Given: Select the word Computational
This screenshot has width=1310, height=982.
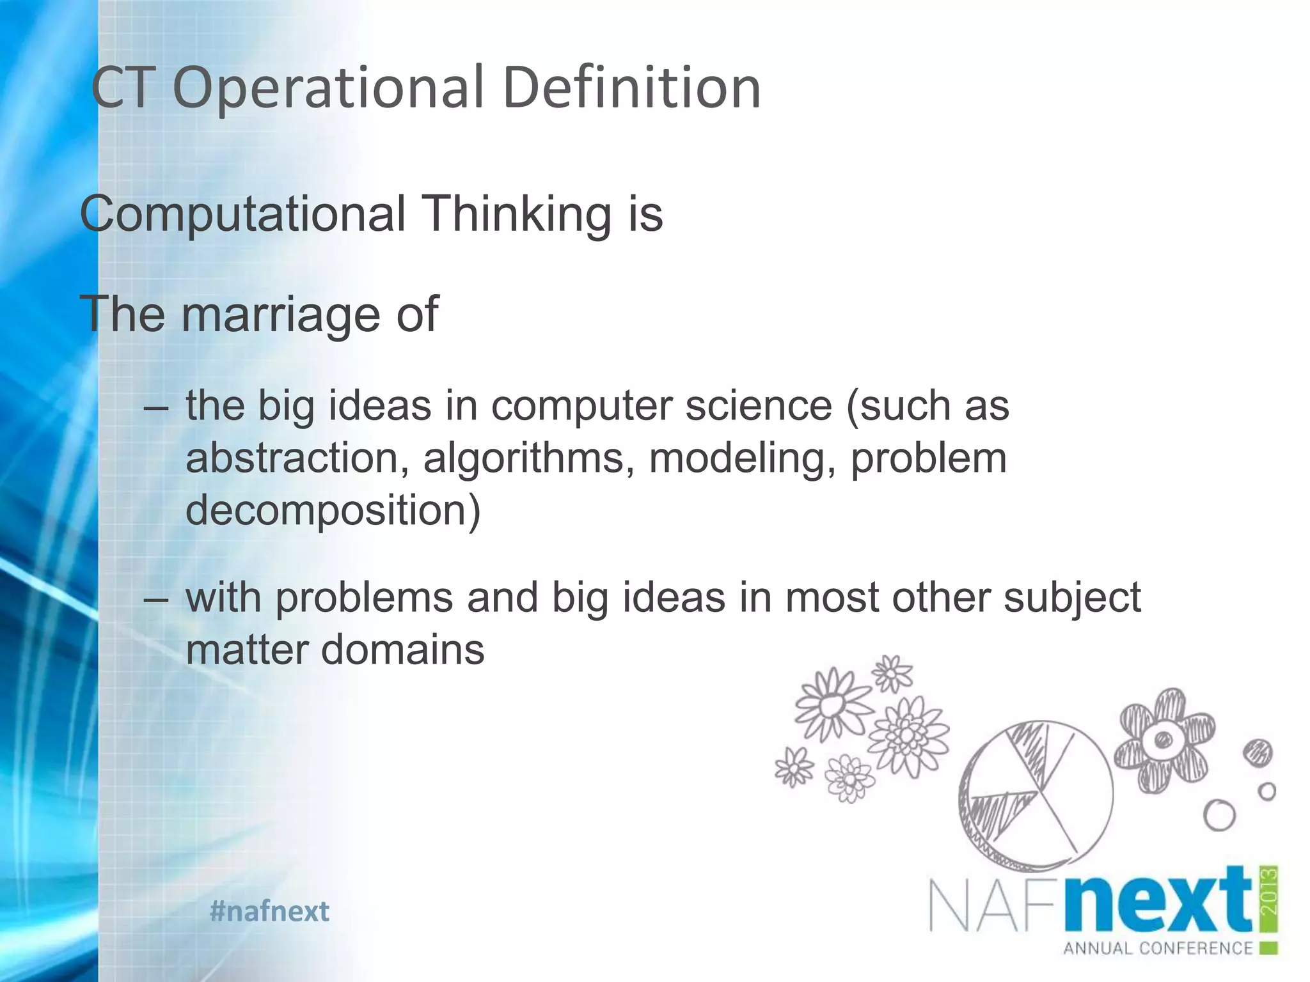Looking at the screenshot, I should coord(242,214).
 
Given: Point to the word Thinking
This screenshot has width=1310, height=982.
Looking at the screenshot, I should coord(516,214).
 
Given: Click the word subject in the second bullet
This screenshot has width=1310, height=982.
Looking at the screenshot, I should coord(1072,597).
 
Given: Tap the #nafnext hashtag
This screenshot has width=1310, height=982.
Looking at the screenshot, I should coord(269,911).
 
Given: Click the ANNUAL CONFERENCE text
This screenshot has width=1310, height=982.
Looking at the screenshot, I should coord(1158,948).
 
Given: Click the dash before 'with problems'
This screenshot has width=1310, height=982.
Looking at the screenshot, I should coord(156,600).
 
